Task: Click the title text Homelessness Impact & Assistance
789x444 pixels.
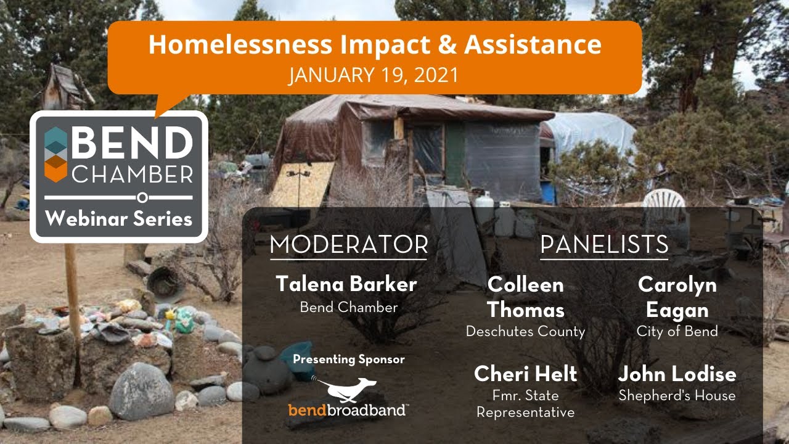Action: [375, 45]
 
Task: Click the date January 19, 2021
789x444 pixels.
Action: [374, 75]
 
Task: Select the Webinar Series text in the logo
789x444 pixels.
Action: [118, 218]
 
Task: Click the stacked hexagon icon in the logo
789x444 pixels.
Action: [56, 155]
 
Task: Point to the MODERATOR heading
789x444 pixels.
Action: [348, 245]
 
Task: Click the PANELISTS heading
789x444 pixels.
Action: [604, 245]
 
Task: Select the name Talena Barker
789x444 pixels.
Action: [346, 284]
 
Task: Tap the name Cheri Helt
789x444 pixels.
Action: [525, 374]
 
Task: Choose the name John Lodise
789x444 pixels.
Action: [677, 374]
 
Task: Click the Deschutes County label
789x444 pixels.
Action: [525, 332]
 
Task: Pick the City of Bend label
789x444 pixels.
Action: [677, 332]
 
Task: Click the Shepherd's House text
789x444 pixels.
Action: [677, 396]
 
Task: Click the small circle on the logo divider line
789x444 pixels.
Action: [142, 198]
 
